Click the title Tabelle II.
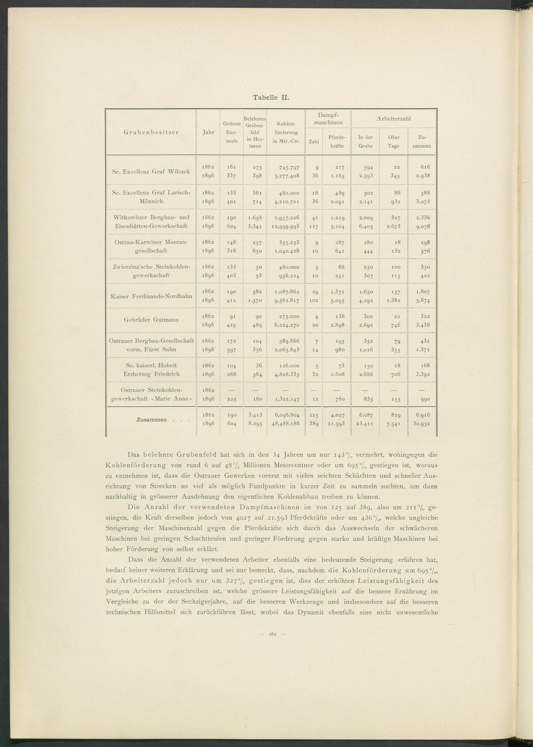point(270,98)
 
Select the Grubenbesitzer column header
point(152,132)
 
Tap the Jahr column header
point(208,132)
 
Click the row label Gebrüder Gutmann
point(151,319)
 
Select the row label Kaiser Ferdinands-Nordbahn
point(151,296)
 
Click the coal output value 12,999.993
point(286,226)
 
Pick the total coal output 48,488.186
point(286,424)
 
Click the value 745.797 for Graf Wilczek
point(286,167)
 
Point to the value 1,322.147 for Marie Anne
point(286,399)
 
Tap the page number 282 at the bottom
point(271,634)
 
